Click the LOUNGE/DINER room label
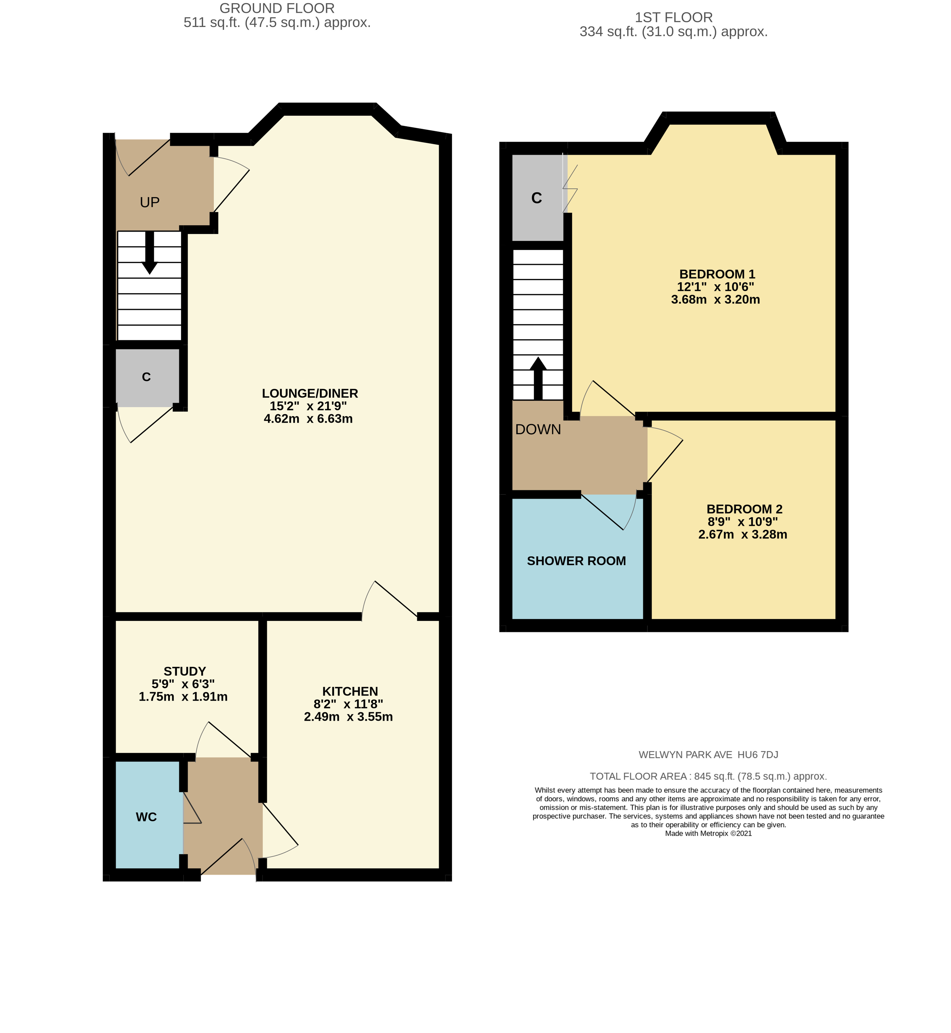point(310,393)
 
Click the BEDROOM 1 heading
point(717,274)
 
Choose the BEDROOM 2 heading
point(744,509)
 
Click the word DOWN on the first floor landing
point(538,429)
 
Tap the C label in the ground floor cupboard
point(146,377)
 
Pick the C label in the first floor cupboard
point(536,198)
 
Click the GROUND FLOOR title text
point(277,8)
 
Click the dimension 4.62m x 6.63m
point(308,419)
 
